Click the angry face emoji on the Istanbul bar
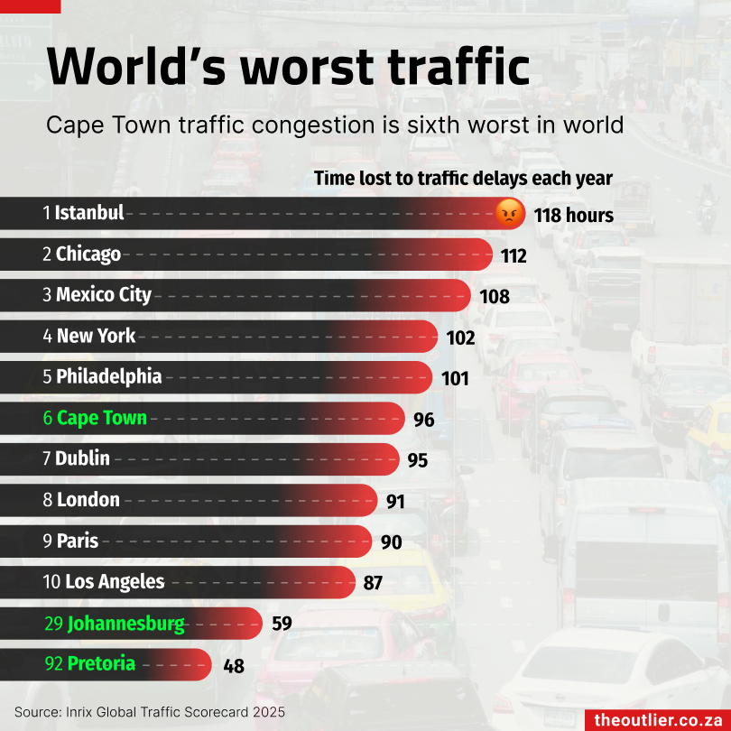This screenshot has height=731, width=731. click(510, 214)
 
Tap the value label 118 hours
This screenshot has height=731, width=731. click(573, 216)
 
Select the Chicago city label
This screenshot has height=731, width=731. click(88, 254)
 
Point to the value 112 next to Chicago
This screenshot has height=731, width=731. click(514, 256)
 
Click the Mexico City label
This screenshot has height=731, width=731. click(104, 295)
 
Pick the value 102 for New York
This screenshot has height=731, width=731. click(460, 338)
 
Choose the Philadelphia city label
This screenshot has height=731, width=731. click(109, 376)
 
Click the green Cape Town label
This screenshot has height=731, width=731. click(102, 418)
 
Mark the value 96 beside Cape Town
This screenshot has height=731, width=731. click(424, 420)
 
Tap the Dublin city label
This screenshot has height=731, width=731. click(83, 458)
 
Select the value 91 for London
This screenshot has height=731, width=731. click(395, 502)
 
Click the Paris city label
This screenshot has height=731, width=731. click(78, 541)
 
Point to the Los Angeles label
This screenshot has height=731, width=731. click(116, 582)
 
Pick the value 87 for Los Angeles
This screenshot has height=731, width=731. click(373, 583)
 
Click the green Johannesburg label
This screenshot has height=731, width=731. click(126, 624)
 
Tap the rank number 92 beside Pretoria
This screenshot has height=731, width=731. click(54, 664)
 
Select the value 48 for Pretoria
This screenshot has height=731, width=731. click(233, 667)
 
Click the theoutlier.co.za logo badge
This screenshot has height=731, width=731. click(658, 719)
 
